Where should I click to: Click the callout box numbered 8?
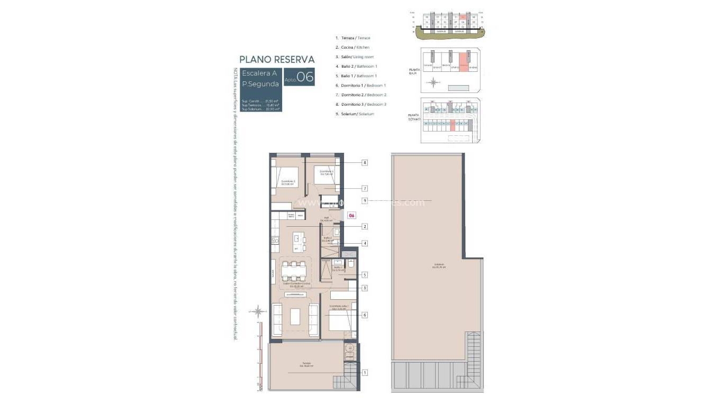pyautogui.click(x=365, y=163)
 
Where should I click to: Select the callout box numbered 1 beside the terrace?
pyautogui.click(x=365, y=373)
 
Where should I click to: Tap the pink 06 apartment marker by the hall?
pyautogui.click(x=351, y=216)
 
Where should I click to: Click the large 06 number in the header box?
pyautogui.click(x=305, y=77)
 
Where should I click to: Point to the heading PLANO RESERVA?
pyautogui.click(x=277, y=59)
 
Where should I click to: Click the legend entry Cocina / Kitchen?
pyautogui.click(x=353, y=48)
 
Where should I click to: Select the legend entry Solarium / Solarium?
pyautogui.click(x=355, y=114)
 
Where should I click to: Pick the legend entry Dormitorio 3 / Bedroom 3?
pyautogui.click(x=361, y=105)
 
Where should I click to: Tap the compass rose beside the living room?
pyautogui.click(x=258, y=310)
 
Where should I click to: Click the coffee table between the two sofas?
pyautogui.click(x=295, y=316)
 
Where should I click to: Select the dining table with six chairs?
pyautogui.click(x=294, y=271)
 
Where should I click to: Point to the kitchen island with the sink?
pyautogui.click(x=300, y=244)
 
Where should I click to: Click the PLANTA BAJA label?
pyautogui.click(x=415, y=72)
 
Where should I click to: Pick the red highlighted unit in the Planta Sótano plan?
pyautogui.click(x=453, y=125)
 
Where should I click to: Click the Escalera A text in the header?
pyautogui.click(x=259, y=73)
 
